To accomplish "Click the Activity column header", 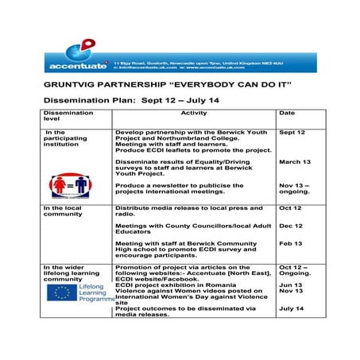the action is (x=194, y=114).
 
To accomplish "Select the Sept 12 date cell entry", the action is (x=292, y=132).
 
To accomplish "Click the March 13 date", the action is (x=295, y=161).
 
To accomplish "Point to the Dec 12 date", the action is (x=291, y=226).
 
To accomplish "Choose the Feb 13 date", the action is (x=291, y=243).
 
